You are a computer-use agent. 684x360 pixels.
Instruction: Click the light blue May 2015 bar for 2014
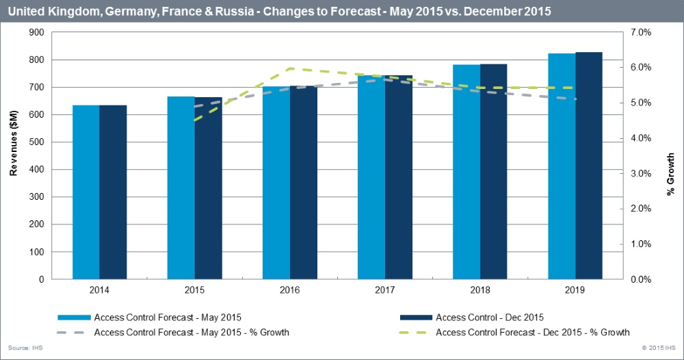pos(86,192)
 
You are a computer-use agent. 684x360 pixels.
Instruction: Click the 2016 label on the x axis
pos(289,290)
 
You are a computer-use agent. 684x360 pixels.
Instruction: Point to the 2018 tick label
pos(479,290)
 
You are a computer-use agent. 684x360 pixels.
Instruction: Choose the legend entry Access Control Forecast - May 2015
pos(168,317)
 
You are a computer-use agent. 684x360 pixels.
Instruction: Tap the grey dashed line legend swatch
pos(74,333)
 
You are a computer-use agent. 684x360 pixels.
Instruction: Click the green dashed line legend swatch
pos(415,333)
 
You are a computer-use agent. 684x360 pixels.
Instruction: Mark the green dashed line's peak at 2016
pos(291,68)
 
